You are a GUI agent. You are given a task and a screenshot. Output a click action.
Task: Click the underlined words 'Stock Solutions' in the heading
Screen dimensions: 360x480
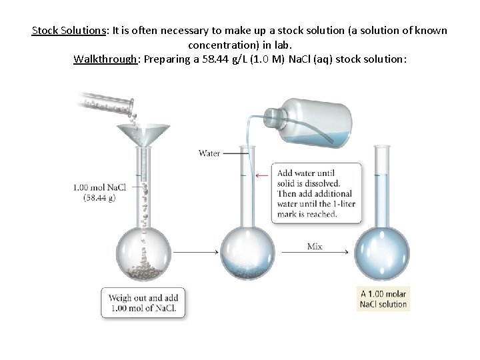[67, 31]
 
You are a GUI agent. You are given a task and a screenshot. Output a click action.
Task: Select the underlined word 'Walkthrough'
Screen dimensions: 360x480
[104, 59]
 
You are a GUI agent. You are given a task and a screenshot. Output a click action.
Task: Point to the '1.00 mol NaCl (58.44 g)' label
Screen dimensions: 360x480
[99, 192]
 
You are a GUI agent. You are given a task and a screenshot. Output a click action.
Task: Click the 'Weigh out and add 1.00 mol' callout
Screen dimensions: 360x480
[143, 303]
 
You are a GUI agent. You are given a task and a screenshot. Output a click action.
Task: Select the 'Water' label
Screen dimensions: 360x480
[209, 153]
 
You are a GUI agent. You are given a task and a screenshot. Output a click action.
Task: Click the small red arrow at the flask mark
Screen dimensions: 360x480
[264, 175]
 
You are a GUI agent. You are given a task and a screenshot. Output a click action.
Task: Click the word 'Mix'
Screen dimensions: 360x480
[315, 246]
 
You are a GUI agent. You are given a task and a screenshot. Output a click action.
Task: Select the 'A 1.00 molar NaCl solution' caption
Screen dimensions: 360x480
[383, 299]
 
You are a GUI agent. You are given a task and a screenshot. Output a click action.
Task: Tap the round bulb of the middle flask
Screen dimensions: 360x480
[247, 253]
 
